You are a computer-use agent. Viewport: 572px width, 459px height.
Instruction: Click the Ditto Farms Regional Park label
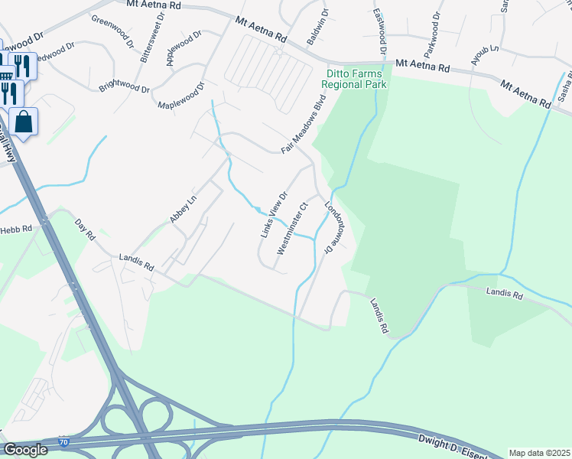[x=356, y=80]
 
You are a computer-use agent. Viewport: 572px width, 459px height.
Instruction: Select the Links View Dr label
[x=273, y=213]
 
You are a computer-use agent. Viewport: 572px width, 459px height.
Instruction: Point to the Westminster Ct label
[x=291, y=227]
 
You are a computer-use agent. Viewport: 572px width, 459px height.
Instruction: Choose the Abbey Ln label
[x=183, y=209]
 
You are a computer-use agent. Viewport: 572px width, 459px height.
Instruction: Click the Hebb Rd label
[x=16, y=229]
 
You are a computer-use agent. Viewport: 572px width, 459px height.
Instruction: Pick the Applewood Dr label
[x=184, y=47]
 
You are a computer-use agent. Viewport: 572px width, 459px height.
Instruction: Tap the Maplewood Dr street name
[x=181, y=96]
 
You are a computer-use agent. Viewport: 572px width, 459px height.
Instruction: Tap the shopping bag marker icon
[x=23, y=122]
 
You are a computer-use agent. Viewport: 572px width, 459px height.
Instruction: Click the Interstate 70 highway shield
[x=63, y=443]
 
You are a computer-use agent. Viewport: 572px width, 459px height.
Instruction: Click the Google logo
[x=25, y=450]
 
